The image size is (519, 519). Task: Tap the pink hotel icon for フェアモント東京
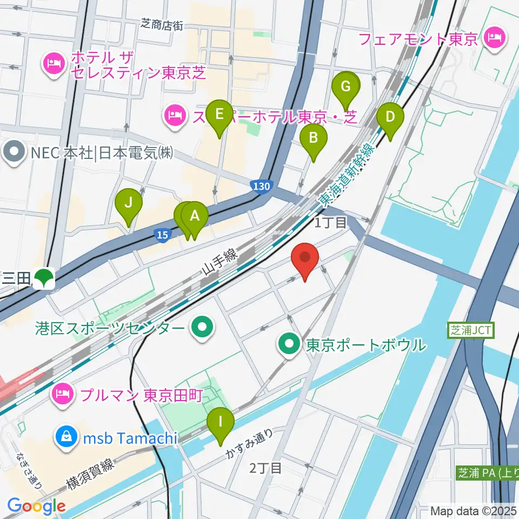coord(494,38)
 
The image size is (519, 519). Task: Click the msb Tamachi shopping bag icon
coord(66,438)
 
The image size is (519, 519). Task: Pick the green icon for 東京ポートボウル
coord(290,344)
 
